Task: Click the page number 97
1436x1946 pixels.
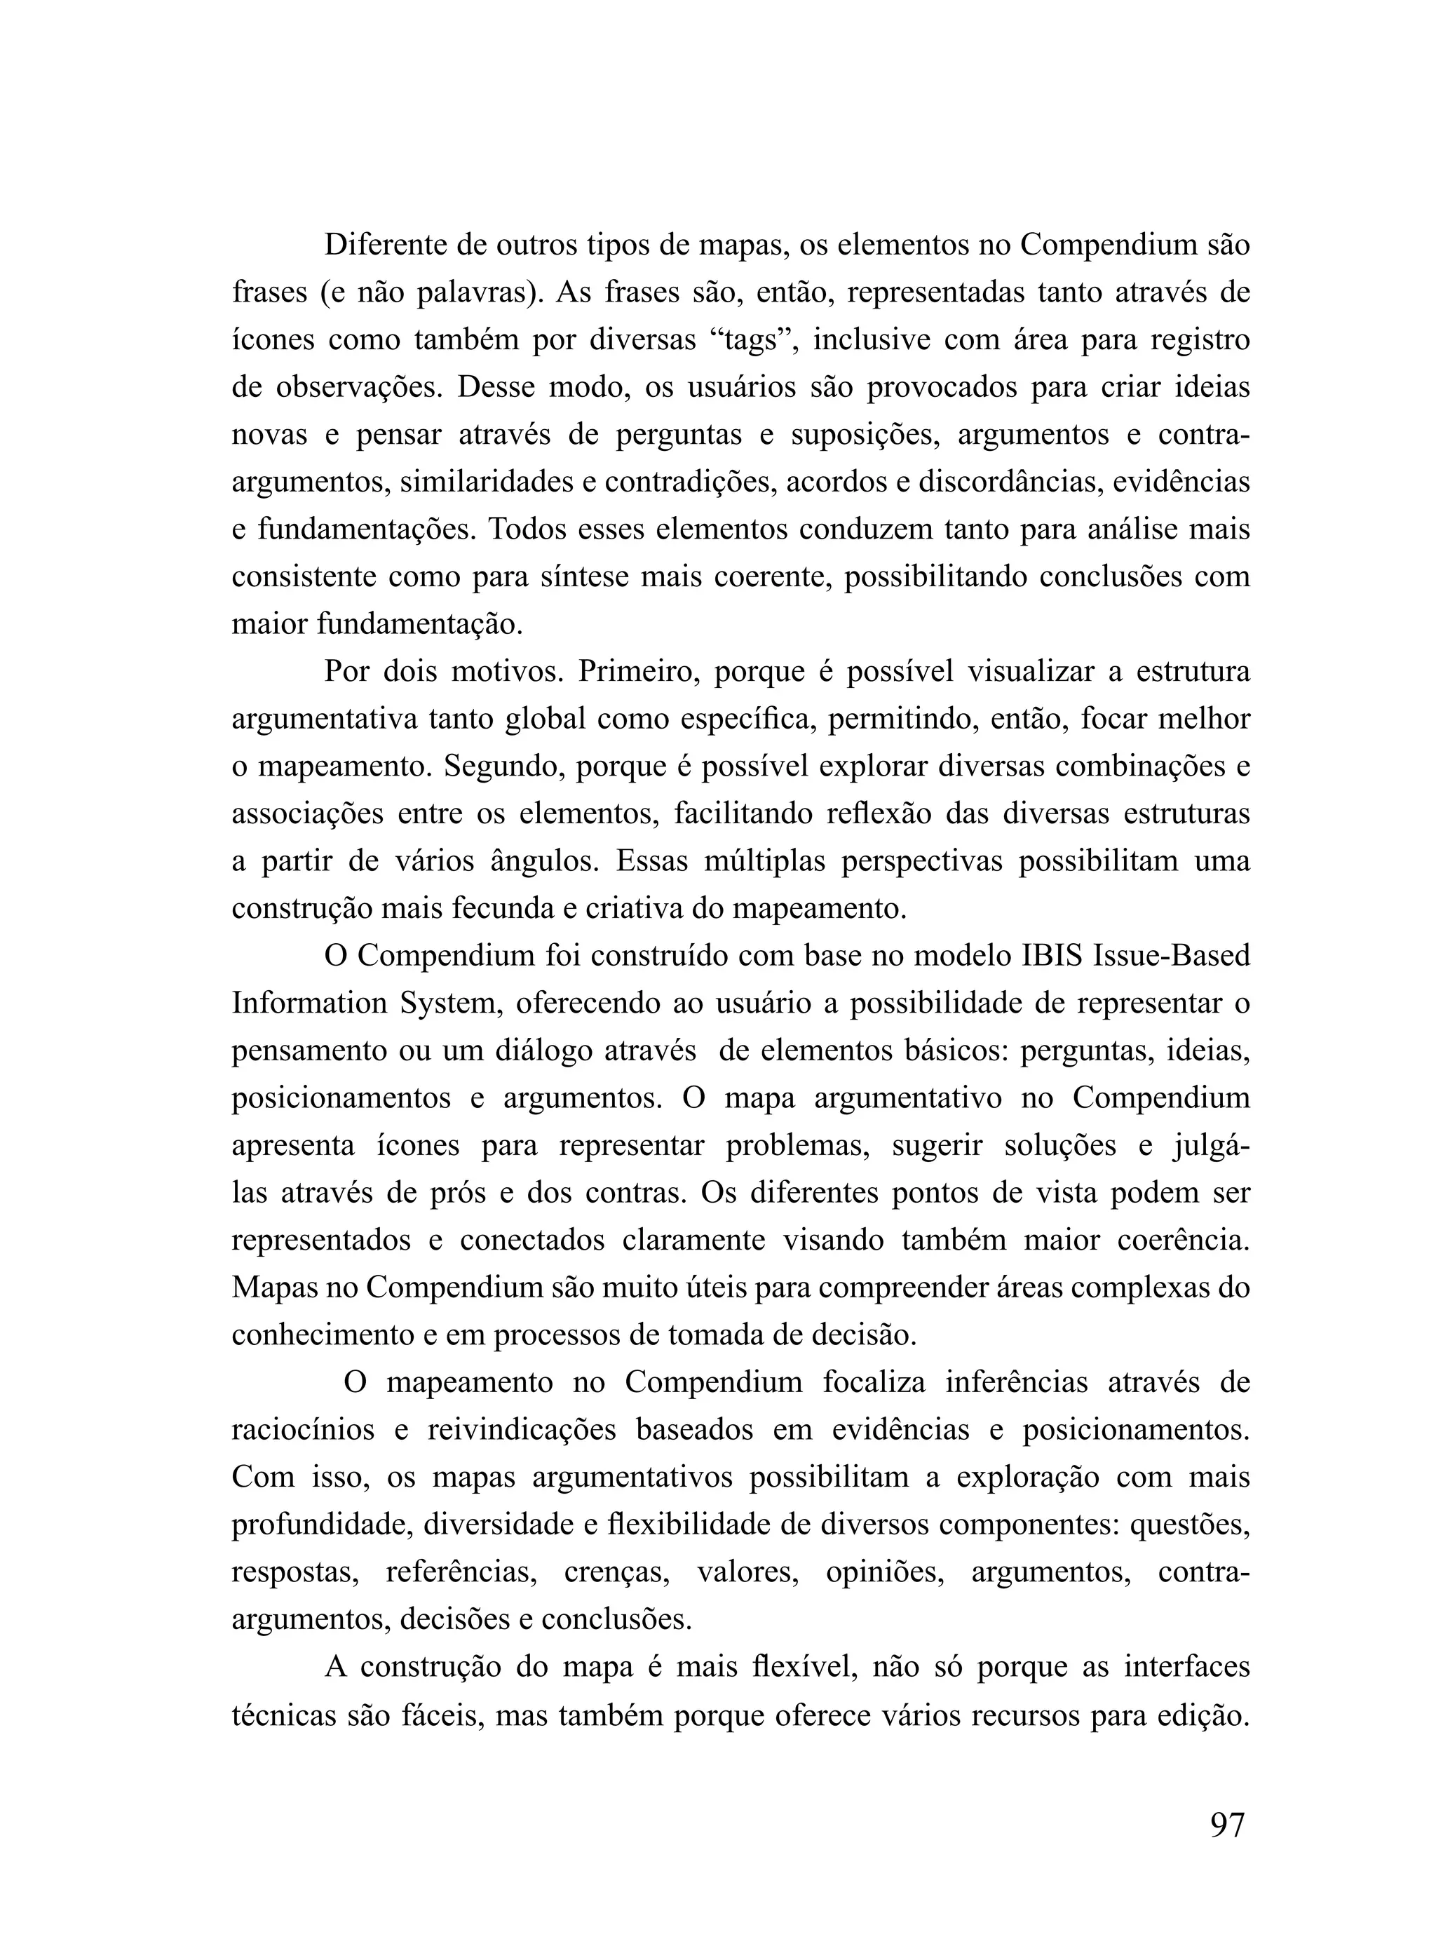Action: click(x=1226, y=1823)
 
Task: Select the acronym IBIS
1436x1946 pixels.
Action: click(x=1051, y=956)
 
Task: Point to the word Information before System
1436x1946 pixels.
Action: click(x=309, y=1004)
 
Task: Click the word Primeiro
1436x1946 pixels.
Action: click(x=634, y=672)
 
